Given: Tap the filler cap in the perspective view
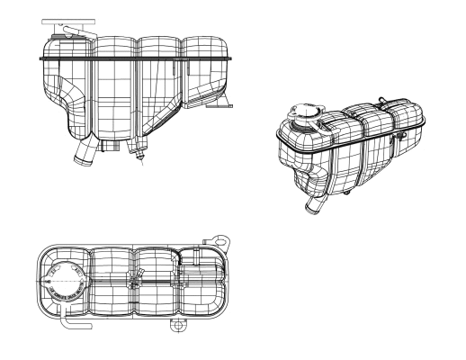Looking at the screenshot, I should [303, 117].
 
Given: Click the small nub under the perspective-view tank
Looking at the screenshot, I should [345, 193].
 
